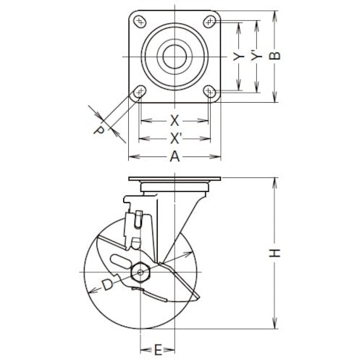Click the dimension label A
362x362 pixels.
click(174, 156)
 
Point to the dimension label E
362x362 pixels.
click(158, 350)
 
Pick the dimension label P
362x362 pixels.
click(99, 130)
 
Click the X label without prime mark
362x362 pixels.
click(174, 120)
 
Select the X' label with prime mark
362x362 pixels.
click(175, 138)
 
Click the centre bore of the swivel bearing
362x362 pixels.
click(174, 56)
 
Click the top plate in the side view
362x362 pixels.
click(174, 180)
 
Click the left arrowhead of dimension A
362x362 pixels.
click(132, 157)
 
